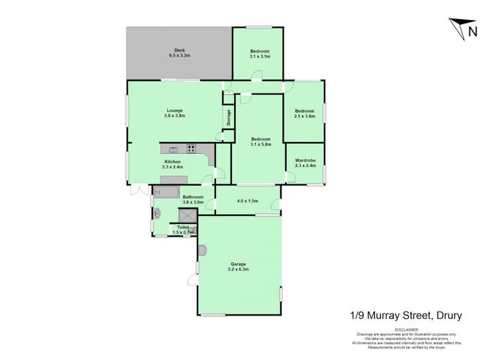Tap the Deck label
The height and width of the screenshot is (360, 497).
pos(179,50)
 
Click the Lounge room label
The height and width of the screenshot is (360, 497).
pos(174,110)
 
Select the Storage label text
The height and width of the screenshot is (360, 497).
pos(229,117)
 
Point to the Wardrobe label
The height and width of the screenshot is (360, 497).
pos(305,160)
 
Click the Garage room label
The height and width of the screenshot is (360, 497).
pos(239,264)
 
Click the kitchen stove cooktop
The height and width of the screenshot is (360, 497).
pos(192,149)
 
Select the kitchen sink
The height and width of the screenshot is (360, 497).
pos(173,149)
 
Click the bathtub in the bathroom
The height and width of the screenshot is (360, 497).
pos(166,192)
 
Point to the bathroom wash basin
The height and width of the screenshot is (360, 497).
pos(158,213)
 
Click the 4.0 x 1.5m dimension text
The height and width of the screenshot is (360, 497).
pos(247,200)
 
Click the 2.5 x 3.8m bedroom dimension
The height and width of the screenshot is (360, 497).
pos(305,116)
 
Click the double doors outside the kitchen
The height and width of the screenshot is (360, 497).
pos(139,191)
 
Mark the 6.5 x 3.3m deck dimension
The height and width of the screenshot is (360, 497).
pos(179,56)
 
